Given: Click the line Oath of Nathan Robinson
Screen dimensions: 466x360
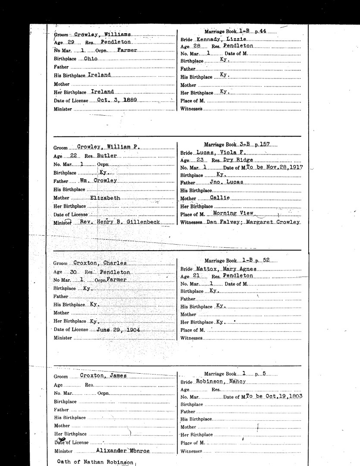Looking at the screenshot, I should click(96, 462).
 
